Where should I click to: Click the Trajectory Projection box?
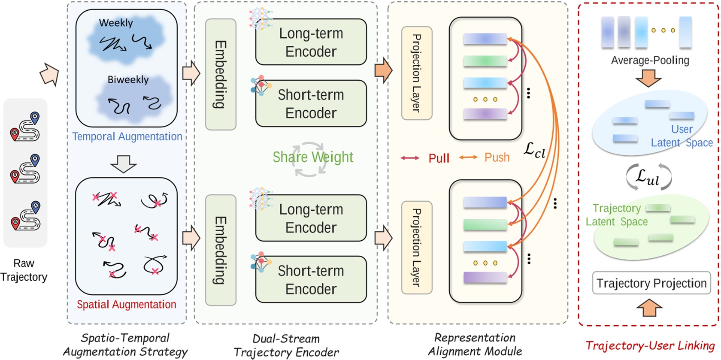651,283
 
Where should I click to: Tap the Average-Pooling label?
650,61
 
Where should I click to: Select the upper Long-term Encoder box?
311,42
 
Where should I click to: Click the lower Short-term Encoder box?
311,280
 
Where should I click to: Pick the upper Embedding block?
221,74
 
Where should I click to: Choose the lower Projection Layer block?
416,248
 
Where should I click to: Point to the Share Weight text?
313,157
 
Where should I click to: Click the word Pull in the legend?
439,158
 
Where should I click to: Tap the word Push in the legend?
497,157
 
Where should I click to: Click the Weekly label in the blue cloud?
116,23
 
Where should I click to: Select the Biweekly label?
128,80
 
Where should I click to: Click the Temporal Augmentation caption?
127,136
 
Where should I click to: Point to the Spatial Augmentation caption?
126,305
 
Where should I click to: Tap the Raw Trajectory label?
24,270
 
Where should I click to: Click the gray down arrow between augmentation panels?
124,163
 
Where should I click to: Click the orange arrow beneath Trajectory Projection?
649,308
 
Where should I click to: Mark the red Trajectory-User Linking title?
650,346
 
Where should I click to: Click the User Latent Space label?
682,136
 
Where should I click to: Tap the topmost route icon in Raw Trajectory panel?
25,127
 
